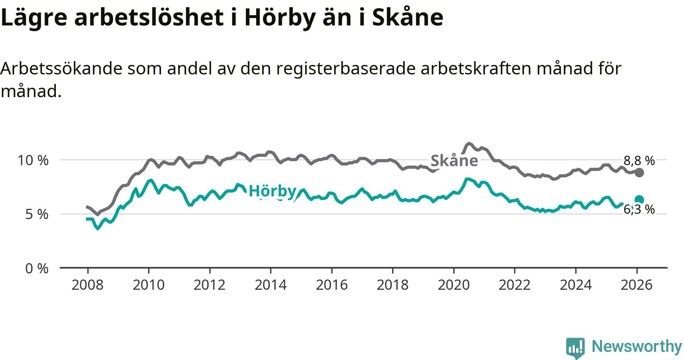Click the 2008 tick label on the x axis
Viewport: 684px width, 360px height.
point(87,285)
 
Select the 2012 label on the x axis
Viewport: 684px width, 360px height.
point(209,285)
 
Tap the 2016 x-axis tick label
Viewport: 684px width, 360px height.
point(332,285)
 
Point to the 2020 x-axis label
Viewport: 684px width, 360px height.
point(454,285)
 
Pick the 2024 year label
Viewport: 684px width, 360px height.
point(576,285)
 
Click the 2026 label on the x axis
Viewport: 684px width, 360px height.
point(636,285)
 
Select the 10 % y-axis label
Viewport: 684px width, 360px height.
point(33,160)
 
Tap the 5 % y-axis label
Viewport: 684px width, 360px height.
point(37,215)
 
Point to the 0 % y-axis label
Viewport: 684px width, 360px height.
point(37,269)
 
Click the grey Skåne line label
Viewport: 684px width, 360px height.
point(454,161)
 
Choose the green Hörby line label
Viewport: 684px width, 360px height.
point(272,191)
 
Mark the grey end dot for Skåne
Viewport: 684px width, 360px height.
point(640,172)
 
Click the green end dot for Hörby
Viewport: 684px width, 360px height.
point(639,200)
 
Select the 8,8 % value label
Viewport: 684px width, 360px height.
point(639,161)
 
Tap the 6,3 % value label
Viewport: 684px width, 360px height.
point(639,209)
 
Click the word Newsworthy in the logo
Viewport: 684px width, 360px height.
point(637,346)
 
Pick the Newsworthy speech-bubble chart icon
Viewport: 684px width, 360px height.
point(575,347)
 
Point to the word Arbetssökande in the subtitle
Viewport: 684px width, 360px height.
point(61,69)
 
